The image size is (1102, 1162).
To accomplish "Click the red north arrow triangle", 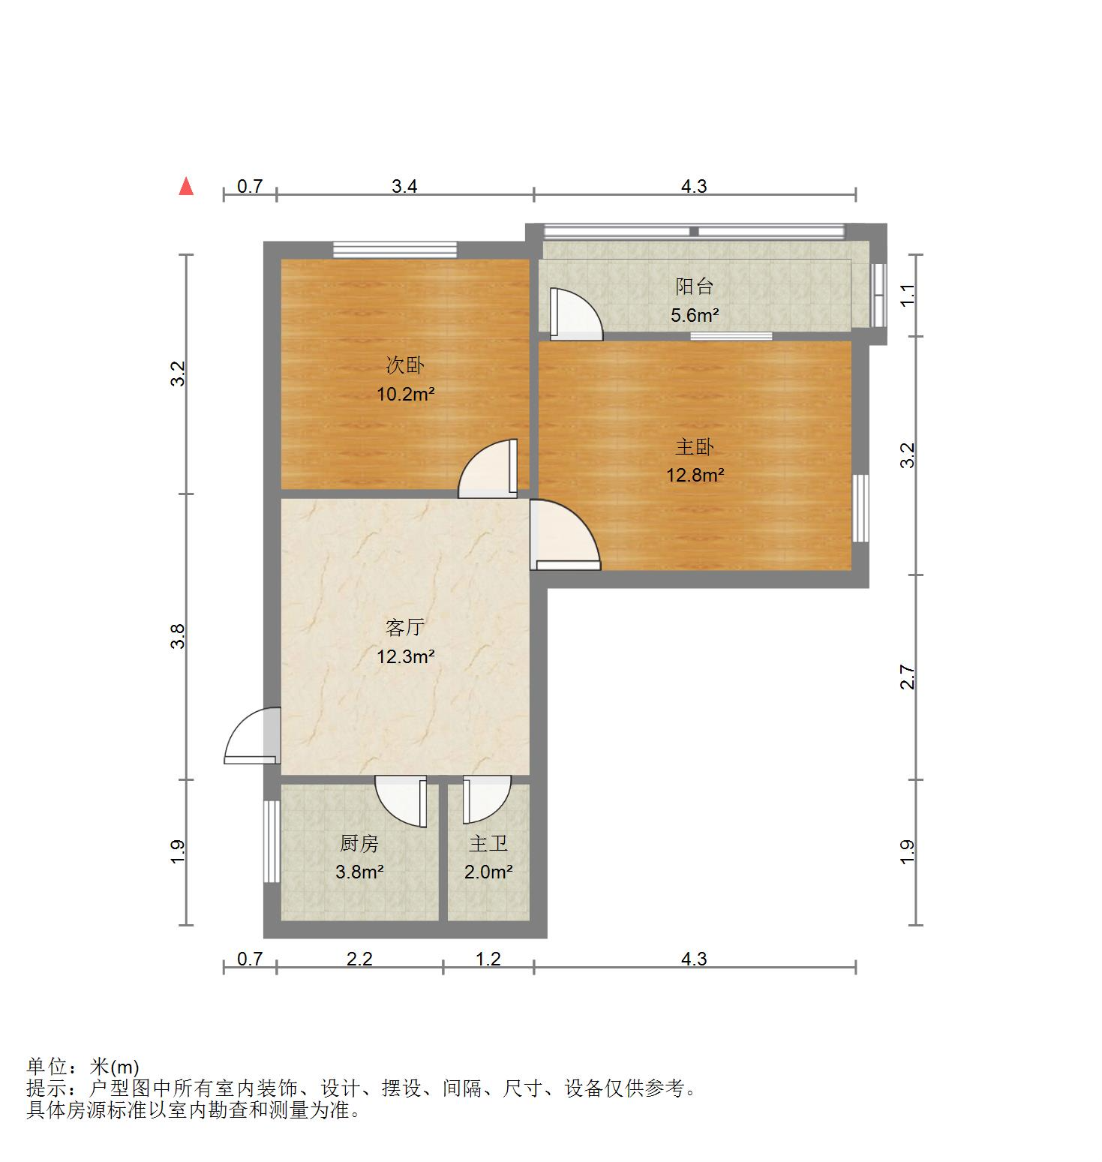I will click(186, 187).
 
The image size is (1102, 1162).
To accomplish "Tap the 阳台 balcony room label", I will click(694, 286).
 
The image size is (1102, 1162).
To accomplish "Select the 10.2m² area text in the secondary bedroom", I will click(406, 394).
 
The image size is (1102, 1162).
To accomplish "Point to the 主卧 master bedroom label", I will click(694, 447).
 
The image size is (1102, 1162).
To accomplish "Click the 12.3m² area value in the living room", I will click(406, 657).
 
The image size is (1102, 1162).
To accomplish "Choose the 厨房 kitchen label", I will click(359, 844).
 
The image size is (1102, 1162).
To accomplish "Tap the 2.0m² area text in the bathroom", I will click(488, 872).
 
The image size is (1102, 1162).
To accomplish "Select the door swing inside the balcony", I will click(574, 314).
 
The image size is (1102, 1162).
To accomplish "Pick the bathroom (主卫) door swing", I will click(485, 800).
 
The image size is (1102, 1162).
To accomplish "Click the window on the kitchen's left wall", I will click(271, 841).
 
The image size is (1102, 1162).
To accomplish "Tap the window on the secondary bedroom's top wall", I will click(395, 250).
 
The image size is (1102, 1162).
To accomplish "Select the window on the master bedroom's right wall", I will click(860, 508).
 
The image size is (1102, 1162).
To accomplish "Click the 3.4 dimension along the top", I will click(404, 186).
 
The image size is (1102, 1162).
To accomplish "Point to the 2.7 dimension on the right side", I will click(908, 677).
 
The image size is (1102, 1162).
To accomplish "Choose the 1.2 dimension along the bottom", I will click(488, 959).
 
